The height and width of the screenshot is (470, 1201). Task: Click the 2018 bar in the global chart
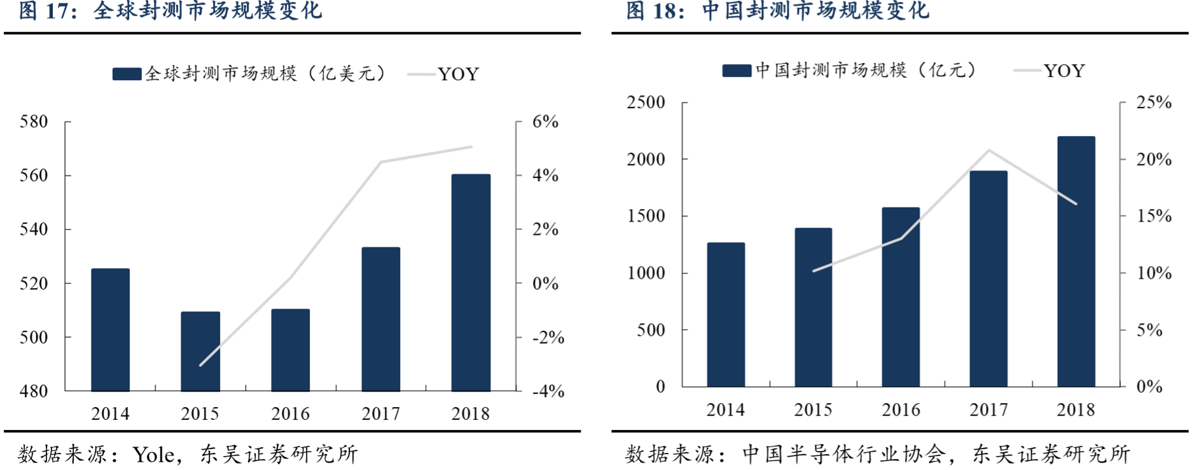point(471,282)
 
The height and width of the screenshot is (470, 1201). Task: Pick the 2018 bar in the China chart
point(1076,261)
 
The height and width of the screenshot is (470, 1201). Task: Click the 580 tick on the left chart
point(34,121)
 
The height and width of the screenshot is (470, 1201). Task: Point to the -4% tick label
point(548,391)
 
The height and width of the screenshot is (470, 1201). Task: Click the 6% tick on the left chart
point(545,121)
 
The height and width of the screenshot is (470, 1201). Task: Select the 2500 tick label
point(646,102)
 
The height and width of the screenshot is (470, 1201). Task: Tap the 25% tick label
point(1154,102)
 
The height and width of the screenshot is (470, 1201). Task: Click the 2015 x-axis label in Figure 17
point(200,414)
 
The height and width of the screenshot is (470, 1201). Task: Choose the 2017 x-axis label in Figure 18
point(989,410)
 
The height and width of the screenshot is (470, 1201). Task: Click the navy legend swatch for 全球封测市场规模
point(127,74)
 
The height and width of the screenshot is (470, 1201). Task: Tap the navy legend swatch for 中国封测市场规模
point(737,71)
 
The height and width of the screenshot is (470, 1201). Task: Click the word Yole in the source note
point(153,455)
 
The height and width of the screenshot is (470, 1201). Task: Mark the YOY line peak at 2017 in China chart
point(989,150)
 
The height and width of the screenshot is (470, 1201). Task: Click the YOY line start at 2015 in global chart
point(200,365)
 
